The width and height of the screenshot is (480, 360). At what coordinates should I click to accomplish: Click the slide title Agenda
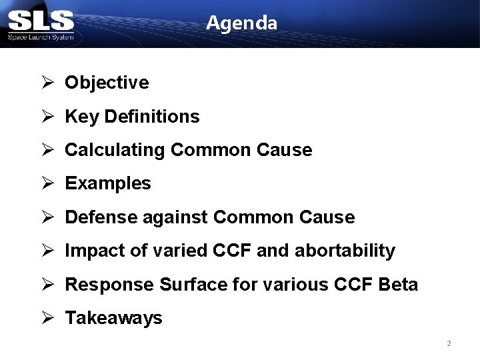(x=241, y=23)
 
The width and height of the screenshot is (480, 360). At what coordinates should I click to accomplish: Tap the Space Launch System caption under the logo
(x=41, y=37)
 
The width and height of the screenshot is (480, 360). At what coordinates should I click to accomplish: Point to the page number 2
(x=449, y=343)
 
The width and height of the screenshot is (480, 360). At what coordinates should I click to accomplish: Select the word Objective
(x=107, y=83)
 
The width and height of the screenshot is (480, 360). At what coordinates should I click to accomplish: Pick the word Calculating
(x=115, y=150)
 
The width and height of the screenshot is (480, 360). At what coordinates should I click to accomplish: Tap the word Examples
(x=108, y=183)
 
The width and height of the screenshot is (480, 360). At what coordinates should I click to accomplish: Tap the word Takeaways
(x=113, y=318)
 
